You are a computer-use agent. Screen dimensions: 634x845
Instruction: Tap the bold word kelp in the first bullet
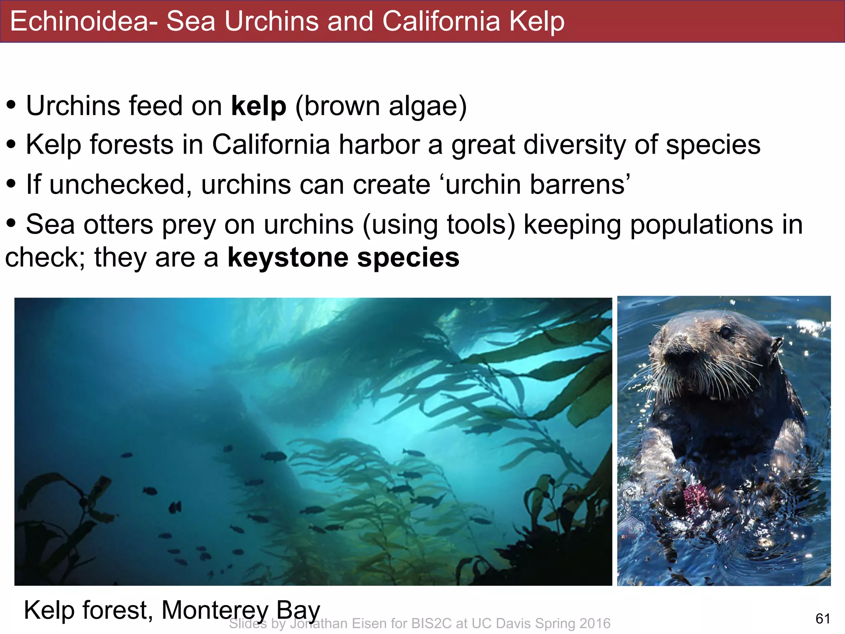tap(258, 106)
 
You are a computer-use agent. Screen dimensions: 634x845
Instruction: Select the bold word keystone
tap(288, 257)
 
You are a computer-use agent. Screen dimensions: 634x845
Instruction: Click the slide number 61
tap(823, 618)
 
